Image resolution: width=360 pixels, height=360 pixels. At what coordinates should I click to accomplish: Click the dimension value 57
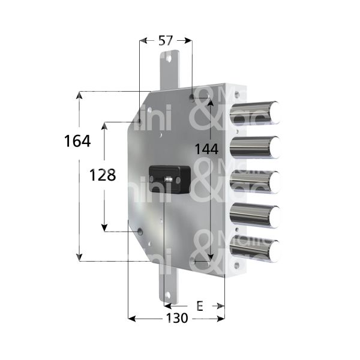(166, 41)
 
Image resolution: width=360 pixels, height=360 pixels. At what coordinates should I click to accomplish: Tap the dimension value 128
(101, 175)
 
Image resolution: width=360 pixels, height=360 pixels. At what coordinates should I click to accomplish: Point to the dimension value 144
(205, 148)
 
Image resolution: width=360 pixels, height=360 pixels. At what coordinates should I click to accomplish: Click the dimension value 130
(176, 318)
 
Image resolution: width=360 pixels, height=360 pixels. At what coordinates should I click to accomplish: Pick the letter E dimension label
(199, 306)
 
